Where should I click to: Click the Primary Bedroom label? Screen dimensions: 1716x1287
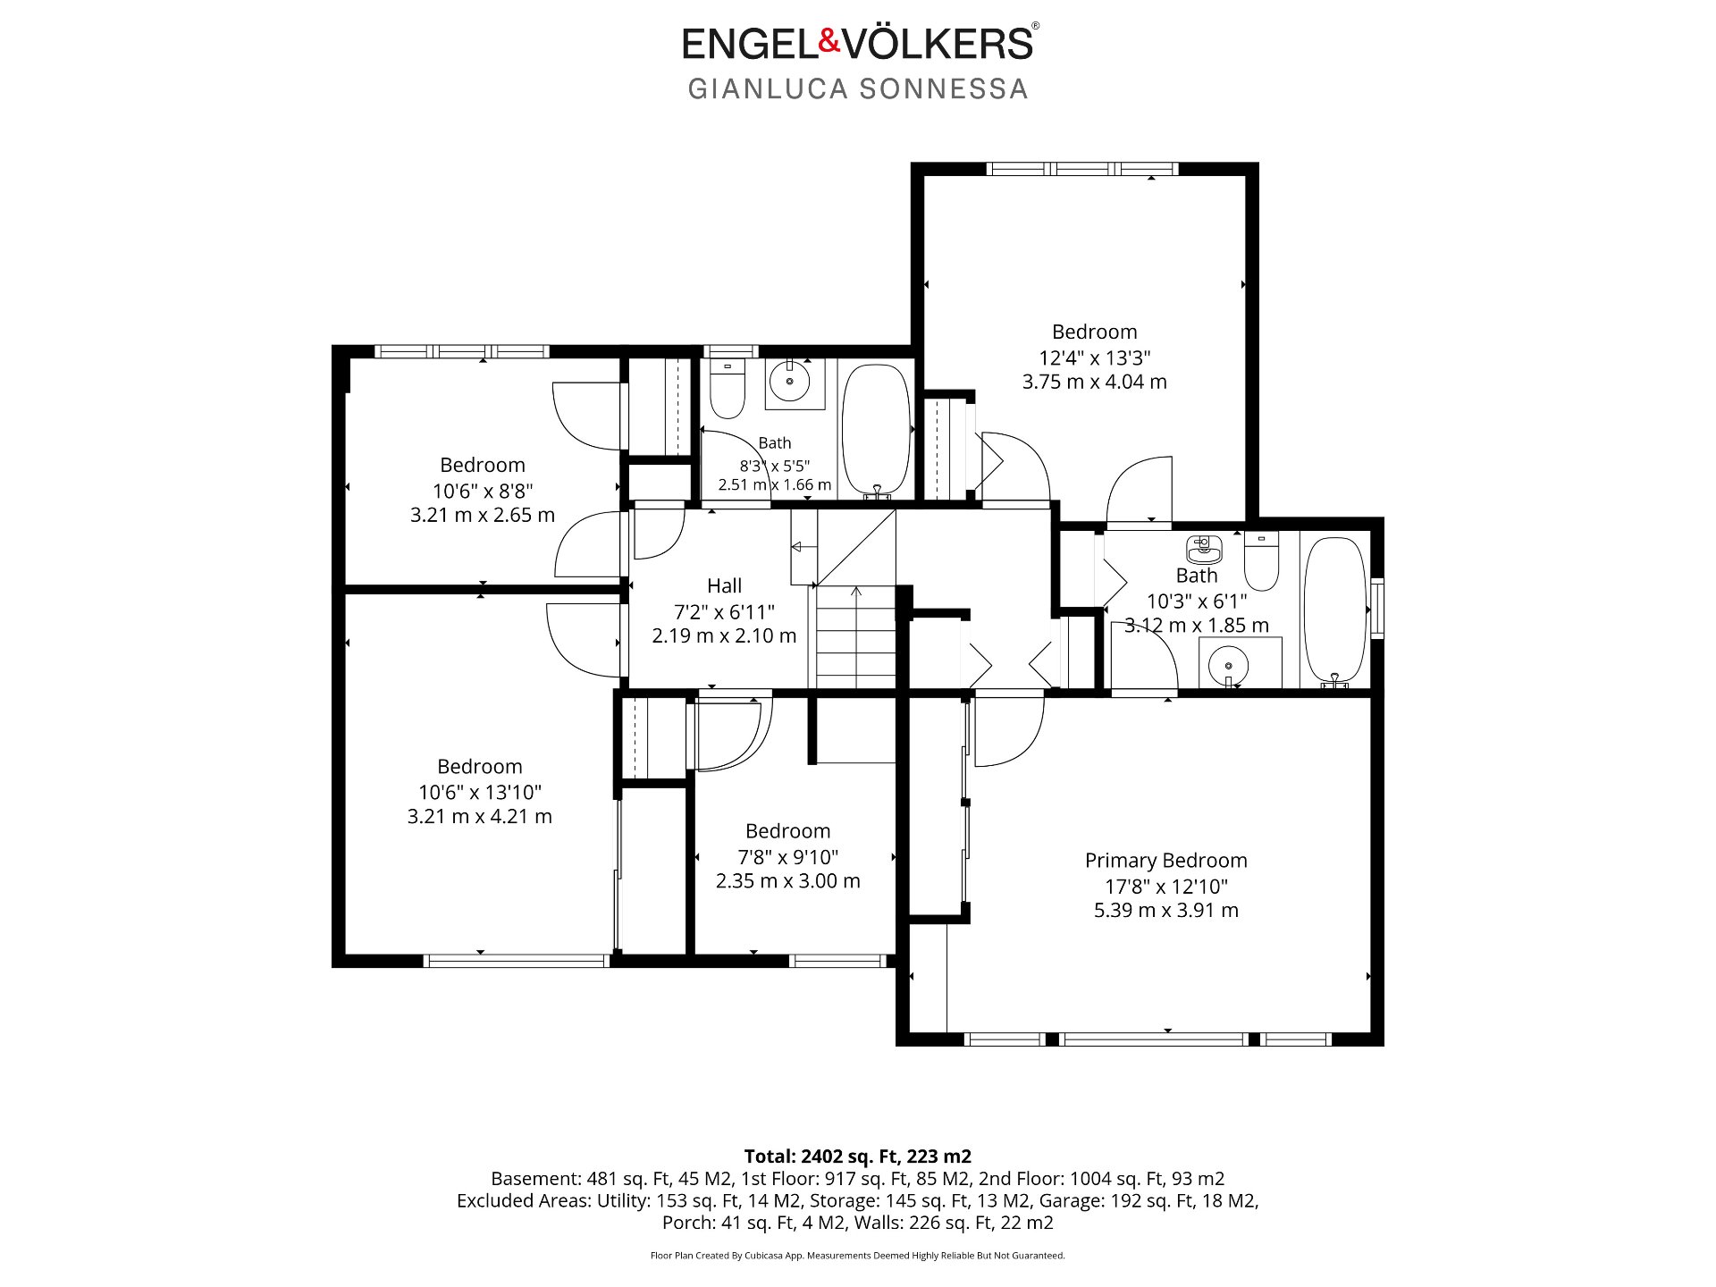click(1165, 861)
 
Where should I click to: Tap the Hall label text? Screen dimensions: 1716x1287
click(724, 586)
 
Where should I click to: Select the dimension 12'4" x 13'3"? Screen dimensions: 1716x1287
click(1094, 357)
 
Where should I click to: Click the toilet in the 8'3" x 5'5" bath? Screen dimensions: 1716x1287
click(727, 388)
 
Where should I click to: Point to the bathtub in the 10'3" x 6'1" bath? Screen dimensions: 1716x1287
click(1335, 612)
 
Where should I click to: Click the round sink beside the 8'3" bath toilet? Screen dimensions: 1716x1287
click(789, 383)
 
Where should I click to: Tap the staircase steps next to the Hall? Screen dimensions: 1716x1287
click(855, 636)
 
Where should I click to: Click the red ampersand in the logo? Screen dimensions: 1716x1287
click(830, 40)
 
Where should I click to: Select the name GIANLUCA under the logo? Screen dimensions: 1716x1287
click(767, 89)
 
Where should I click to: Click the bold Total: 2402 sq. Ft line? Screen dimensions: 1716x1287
click(858, 1157)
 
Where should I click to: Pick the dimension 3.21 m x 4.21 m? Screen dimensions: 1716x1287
click(479, 817)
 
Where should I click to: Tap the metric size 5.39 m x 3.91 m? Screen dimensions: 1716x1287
click(1165, 911)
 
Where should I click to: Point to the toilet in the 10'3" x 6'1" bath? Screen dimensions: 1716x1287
click(1261, 560)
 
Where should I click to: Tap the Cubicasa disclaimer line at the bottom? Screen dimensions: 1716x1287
click(858, 1256)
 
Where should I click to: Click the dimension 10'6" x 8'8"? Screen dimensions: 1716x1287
click(483, 491)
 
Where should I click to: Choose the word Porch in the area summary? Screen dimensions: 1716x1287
click(686, 1223)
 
